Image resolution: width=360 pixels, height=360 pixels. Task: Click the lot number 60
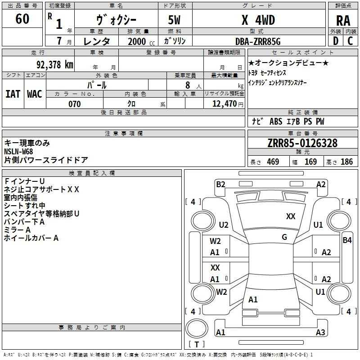[22, 19]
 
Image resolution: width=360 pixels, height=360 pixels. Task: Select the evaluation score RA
[343, 21]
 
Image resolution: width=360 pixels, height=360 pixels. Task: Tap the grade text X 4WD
[258, 20]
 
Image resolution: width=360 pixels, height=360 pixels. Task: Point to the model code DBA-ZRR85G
[258, 41]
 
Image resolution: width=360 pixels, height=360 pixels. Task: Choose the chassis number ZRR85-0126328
[302, 144]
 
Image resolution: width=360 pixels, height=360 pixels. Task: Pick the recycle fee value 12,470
[224, 104]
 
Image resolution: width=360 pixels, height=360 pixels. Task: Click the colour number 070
[74, 104]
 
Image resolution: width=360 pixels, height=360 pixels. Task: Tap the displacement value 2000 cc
[141, 41]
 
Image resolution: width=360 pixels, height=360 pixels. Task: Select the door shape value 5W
[175, 20]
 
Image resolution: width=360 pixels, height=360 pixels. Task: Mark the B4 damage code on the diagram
[347, 240]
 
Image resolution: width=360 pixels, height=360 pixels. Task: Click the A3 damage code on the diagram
[320, 333]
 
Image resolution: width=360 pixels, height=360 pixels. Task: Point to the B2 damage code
[220, 184]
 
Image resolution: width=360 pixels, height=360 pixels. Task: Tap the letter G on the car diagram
[284, 237]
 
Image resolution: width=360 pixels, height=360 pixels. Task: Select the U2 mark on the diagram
[224, 225]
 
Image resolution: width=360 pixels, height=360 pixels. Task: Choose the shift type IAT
[13, 94]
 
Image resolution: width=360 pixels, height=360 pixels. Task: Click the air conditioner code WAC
[34, 94]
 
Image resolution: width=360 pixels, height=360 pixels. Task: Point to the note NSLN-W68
[18, 151]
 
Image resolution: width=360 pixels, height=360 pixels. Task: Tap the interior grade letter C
[350, 41]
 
